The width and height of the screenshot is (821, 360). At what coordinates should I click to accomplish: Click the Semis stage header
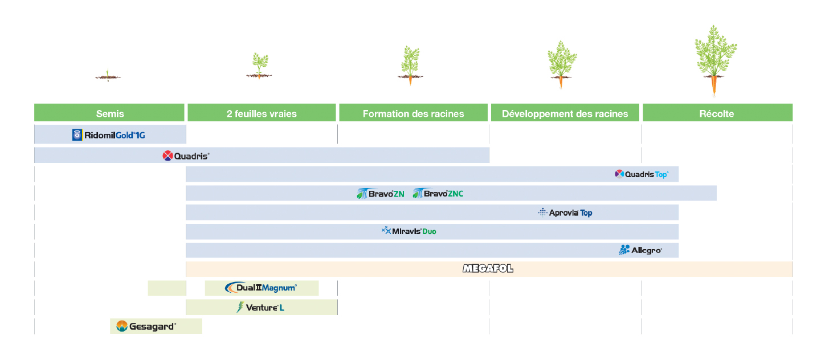(x=109, y=113)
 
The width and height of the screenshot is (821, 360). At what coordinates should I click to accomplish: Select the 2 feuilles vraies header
(x=262, y=113)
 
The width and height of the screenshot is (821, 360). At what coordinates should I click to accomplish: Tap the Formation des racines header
(x=414, y=113)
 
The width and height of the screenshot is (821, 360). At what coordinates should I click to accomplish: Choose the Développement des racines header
(x=565, y=113)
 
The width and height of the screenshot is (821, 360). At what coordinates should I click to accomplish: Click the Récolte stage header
(x=718, y=113)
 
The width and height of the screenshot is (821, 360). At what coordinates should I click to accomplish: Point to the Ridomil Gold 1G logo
(x=108, y=135)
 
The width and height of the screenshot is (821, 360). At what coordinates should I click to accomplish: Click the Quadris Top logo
(x=642, y=174)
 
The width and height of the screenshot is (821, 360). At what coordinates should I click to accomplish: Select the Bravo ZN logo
(x=381, y=194)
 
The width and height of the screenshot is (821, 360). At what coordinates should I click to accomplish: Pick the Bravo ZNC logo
(x=438, y=194)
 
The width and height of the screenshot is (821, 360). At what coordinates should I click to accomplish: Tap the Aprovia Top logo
(x=565, y=212)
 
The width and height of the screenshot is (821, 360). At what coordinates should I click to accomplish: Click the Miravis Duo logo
(x=409, y=231)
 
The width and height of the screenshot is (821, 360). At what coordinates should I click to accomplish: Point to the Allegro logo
(x=640, y=250)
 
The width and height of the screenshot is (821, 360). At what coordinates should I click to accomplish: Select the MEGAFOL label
(x=488, y=269)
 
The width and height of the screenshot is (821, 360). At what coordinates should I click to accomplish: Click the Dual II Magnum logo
(x=261, y=288)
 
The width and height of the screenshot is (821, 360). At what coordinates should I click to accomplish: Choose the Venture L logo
(x=260, y=307)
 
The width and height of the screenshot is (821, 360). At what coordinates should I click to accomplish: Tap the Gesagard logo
(x=146, y=326)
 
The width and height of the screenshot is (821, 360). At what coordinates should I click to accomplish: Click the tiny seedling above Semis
(x=108, y=75)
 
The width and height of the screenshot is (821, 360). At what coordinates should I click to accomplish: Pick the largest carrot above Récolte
(x=715, y=60)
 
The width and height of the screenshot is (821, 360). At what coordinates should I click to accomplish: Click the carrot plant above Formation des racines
(x=410, y=66)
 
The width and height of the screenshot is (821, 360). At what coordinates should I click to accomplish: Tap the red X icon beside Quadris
(x=168, y=156)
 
